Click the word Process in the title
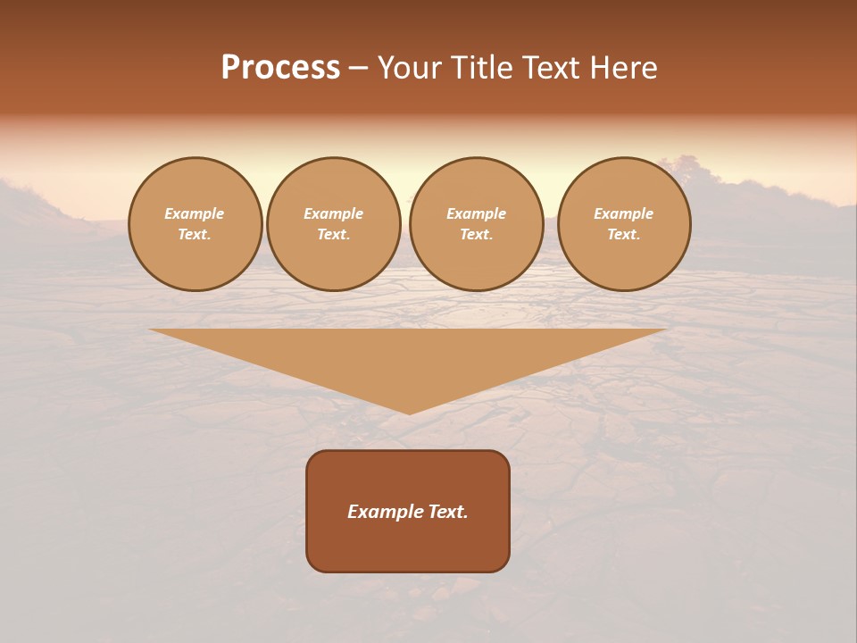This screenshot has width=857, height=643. pyautogui.click(x=280, y=68)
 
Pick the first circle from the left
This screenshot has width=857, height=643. pyautogui.click(x=195, y=224)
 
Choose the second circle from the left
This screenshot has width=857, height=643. pyautogui.click(x=334, y=224)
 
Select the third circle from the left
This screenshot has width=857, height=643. pyautogui.click(x=477, y=224)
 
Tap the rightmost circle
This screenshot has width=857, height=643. pyautogui.click(x=624, y=224)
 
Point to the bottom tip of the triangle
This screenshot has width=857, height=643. pyautogui.click(x=409, y=412)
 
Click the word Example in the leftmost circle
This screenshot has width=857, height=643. pyautogui.click(x=195, y=213)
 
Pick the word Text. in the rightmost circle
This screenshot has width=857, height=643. pyautogui.click(x=624, y=235)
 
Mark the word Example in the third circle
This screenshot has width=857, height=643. pyautogui.click(x=477, y=213)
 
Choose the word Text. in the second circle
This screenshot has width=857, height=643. pyautogui.click(x=334, y=235)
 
